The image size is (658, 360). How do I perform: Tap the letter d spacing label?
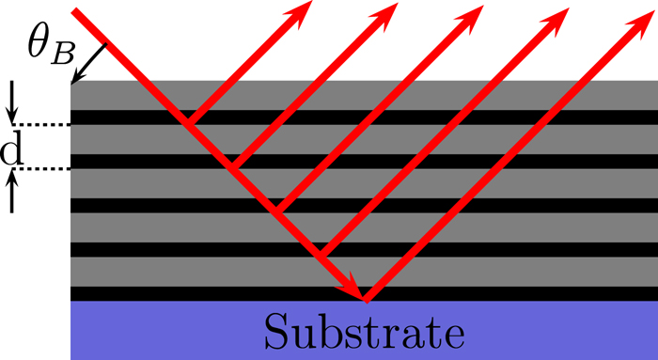pyautogui.click(x=12, y=149)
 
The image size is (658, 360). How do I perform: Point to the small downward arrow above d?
pyautogui.click(x=12, y=102)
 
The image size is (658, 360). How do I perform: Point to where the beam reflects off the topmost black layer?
pyautogui.click(x=187, y=122)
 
